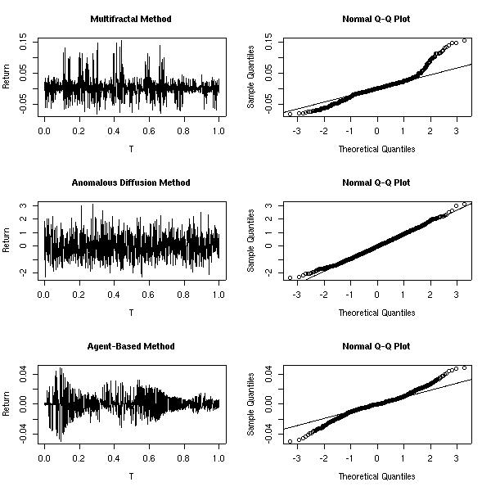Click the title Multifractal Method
(131, 18)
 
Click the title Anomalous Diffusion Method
(131, 182)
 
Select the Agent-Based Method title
(131, 346)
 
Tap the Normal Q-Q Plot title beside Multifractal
(376, 18)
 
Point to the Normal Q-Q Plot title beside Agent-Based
(376, 346)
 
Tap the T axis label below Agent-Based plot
(131, 476)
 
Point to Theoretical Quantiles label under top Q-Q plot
(376, 149)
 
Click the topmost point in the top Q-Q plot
(464, 40)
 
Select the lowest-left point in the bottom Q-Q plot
(290, 441)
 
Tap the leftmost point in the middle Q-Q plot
(290, 278)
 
